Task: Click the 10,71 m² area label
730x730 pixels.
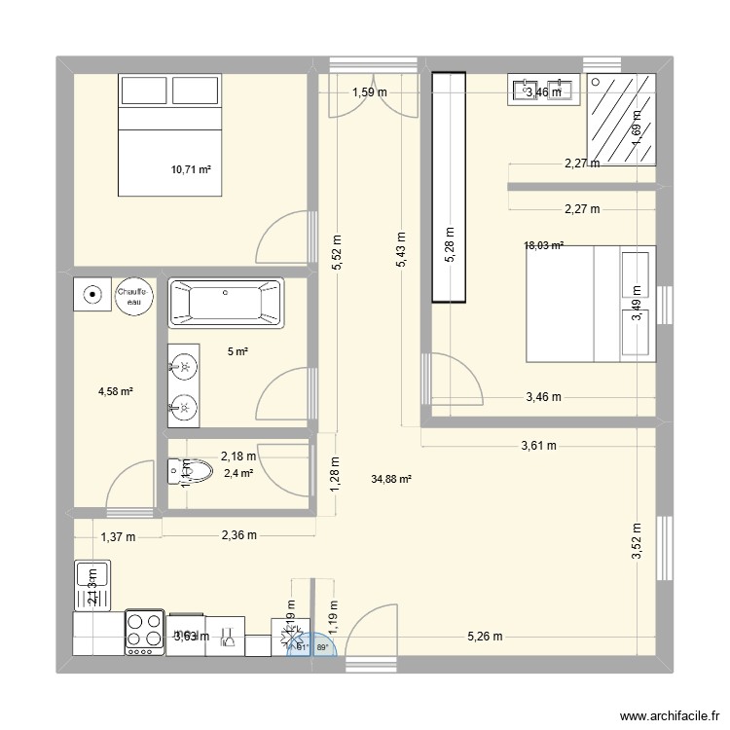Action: click(x=191, y=169)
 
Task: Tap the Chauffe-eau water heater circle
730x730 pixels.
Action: click(x=132, y=296)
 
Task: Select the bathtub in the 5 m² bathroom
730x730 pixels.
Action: click(x=226, y=303)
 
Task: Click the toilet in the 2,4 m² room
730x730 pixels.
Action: click(x=193, y=473)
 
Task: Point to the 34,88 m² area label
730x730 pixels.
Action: click(x=391, y=479)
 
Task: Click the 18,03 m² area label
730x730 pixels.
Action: click(x=544, y=246)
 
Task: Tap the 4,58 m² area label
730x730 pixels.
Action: click(x=115, y=392)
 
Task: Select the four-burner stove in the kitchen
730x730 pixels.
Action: click(x=144, y=633)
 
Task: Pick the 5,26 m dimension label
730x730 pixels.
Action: click(x=485, y=638)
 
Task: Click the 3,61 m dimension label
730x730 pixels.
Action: click(x=536, y=447)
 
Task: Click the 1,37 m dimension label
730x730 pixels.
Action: click(x=117, y=535)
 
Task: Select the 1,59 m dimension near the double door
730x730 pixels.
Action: click(x=370, y=92)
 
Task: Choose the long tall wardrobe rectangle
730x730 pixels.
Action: click(x=448, y=189)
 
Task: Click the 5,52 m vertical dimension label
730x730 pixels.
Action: click(x=336, y=254)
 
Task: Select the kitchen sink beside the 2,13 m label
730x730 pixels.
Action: click(x=92, y=586)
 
